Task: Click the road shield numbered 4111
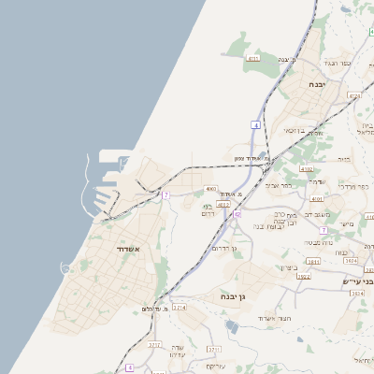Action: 252,59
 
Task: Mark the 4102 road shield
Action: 307,169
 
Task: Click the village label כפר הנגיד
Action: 338,63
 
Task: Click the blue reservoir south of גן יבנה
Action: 231,326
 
